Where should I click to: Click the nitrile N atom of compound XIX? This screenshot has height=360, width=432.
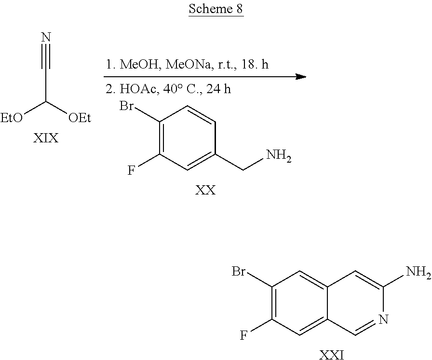click(x=46, y=37)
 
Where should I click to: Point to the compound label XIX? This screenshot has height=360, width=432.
click(x=45, y=139)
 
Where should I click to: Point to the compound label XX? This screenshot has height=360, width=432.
click(x=205, y=191)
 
